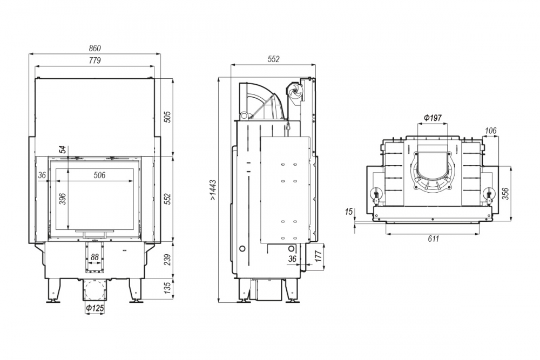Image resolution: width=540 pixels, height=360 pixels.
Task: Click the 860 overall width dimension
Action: (x=94, y=48)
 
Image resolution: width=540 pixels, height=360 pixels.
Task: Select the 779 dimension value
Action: (x=94, y=60)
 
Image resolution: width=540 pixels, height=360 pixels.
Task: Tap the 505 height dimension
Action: (x=167, y=117)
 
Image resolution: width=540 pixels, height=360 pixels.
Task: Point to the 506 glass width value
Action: (x=99, y=175)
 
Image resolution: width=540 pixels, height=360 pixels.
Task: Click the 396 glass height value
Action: (x=62, y=199)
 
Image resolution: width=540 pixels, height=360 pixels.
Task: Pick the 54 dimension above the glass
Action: (x=62, y=150)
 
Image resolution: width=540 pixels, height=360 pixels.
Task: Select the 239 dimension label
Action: (x=167, y=260)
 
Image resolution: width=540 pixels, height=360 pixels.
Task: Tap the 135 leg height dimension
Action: (x=167, y=288)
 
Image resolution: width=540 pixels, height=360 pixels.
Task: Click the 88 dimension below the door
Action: (x=94, y=257)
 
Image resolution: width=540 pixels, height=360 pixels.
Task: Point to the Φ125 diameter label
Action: (x=94, y=308)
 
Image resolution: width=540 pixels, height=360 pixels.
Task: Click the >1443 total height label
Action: (x=213, y=190)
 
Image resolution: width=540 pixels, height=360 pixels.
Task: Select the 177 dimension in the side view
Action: (x=318, y=256)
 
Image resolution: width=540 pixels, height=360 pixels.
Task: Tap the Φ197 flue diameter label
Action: (x=432, y=118)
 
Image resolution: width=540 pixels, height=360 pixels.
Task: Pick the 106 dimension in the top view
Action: (x=490, y=131)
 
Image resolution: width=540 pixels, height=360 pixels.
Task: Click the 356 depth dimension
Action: (x=505, y=194)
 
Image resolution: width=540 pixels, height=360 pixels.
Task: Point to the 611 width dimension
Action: (x=433, y=239)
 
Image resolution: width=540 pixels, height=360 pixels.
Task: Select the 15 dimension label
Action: (x=349, y=212)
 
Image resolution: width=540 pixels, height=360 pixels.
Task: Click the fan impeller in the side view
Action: (x=295, y=92)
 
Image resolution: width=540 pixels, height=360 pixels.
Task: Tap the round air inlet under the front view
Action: (x=94, y=290)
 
